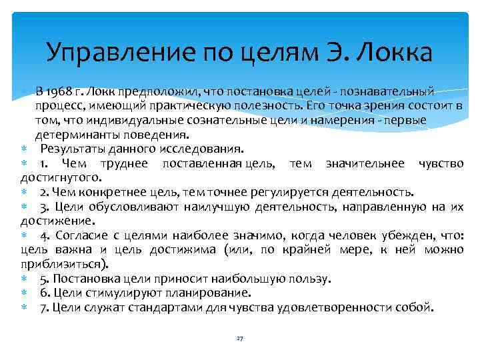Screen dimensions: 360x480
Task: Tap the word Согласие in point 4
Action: [79, 235]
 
